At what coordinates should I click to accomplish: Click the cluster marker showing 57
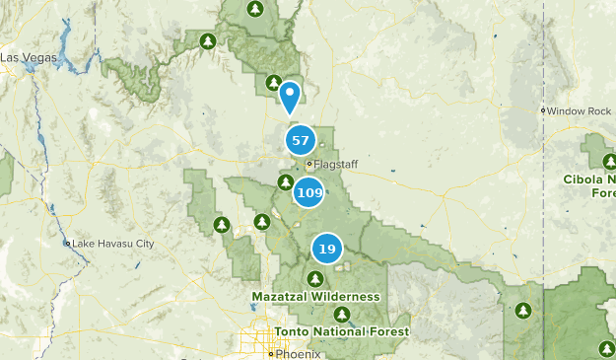(x=301, y=141)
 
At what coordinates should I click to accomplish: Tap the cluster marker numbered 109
(x=309, y=192)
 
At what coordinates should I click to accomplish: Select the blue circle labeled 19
(x=326, y=249)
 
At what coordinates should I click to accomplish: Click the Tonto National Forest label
(x=342, y=331)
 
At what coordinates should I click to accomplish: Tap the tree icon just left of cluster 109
(x=285, y=182)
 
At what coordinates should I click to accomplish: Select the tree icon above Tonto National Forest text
(x=341, y=315)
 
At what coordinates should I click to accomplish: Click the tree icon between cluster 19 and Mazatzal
(x=314, y=278)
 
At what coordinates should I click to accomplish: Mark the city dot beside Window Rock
(x=543, y=110)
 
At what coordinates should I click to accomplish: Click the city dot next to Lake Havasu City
(x=68, y=243)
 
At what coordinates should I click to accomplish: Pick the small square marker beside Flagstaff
(x=308, y=164)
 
